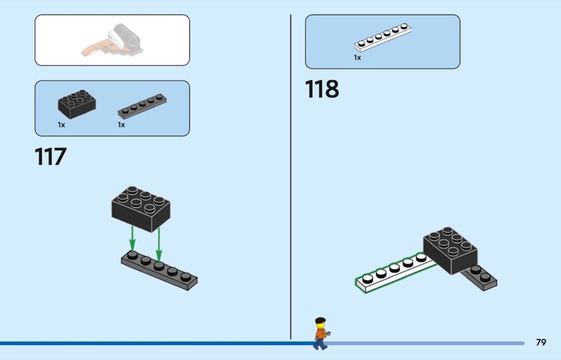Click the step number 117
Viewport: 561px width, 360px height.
click(50, 156)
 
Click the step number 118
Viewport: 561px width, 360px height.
click(322, 89)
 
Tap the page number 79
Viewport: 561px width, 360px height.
click(540, 342)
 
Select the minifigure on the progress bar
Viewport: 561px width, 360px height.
click(320, 333)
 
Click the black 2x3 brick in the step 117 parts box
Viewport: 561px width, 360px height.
click(76, 104)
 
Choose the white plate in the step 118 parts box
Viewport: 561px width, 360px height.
click(383, 39)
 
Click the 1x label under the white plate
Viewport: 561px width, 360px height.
click(357, 58)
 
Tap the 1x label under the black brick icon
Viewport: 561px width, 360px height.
click(62, 125)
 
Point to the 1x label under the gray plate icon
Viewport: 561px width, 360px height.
click(121, 125)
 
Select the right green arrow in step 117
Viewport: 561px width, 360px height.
click(159, 242)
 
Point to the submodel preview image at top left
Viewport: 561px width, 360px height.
click(112, 40)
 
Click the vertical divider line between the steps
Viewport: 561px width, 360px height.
click(290, 175)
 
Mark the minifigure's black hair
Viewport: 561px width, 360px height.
click(320, 321)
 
